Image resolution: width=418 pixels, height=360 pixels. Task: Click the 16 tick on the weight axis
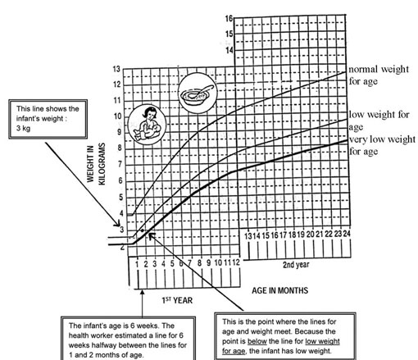tap(229, 19)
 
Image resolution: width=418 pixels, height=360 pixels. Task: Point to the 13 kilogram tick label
tap(116, 69)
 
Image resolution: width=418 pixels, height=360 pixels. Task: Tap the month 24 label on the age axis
tap(347, 234)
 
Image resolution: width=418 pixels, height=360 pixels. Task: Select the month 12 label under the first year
tap(236, 262)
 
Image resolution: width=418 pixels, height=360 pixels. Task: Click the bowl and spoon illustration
tap(198, 93)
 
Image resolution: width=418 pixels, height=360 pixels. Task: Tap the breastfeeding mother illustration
tap(147, 123)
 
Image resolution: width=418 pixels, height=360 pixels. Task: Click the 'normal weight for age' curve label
tap(379, 75)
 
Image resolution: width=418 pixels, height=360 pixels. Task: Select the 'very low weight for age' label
tap(382, 145)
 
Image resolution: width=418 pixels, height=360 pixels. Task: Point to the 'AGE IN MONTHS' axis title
tap(280, 290)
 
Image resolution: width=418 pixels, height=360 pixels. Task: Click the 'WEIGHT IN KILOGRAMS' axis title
tap(96, 164)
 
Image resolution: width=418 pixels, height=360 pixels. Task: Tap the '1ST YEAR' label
tap(177, 300)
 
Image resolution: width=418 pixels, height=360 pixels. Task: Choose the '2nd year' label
tap(296, 265)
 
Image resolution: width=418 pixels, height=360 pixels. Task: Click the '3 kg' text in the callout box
tap(23, 128)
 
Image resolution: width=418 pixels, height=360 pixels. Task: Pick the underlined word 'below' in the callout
tap(257, 341)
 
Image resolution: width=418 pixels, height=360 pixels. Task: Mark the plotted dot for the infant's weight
tap(142, 230)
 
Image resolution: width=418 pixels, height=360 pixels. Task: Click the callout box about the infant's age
tap(128, 339)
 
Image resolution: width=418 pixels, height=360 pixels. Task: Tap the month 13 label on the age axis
tap(248, 235)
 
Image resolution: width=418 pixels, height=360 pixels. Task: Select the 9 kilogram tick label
tap(119, 132)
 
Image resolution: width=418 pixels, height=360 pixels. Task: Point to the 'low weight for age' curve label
tap(379, 121)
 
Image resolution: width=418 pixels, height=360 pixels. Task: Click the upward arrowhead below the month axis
tap(142, 293)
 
